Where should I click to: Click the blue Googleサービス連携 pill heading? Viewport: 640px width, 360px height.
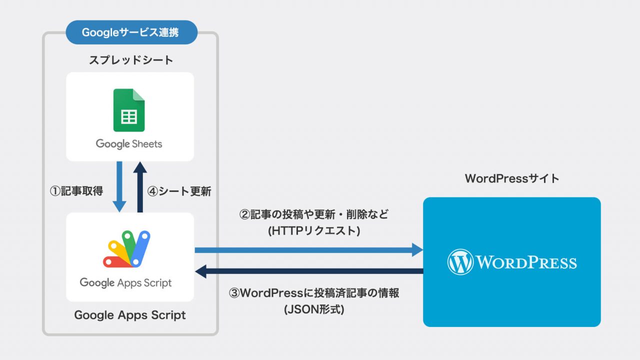pyautogui.click(x=131, y=32)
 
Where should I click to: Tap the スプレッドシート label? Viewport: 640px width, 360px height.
pyautogui.click(x=131, y=60)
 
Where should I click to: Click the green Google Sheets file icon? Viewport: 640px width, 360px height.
pyautogui.click(x=129, y=110)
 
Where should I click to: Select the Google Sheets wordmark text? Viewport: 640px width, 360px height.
pyautogui.click(x=129, y=144)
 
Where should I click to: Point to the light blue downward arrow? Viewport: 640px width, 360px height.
pyautogui.click(x=119, y=187)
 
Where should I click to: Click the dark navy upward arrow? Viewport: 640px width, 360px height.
pyautogui.click(x=140, y=187)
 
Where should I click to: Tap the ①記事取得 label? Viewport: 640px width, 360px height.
pyautogui.click(x=76, y=191)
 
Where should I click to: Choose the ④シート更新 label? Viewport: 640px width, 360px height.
pyautogui.click(x=179, y=191)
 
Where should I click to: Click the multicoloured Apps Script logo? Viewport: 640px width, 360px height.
pyautogui.click(x=126, y=249)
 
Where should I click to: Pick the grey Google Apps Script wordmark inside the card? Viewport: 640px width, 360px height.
pyautogui.click(x=125, y=283)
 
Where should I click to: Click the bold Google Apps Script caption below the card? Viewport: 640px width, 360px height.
pyautogui.click(x=130, y=315)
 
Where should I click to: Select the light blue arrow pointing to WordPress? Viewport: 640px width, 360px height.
pyautogui.click(x=309, y=250)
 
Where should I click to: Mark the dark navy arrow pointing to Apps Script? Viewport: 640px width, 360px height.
pyautogui.click(x=309, y=271)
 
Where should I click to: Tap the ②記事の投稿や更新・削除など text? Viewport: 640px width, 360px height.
pyautogui.click(x=313, y=214)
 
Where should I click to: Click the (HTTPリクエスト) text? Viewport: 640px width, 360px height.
pyautogui.click(x=314, y=231)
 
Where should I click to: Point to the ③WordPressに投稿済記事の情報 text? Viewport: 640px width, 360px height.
pyautogui.click(x=314, y=293)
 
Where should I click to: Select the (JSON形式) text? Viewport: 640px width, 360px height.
pyautogui.click(x=314, y=309)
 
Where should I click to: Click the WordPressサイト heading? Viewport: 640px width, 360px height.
pyautogui.click(x=511, y=178)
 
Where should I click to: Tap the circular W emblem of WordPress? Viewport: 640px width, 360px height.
pyautogui.click(x=460, y=262)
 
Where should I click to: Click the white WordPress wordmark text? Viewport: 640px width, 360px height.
pyautogui.click(x=526, y=262)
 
